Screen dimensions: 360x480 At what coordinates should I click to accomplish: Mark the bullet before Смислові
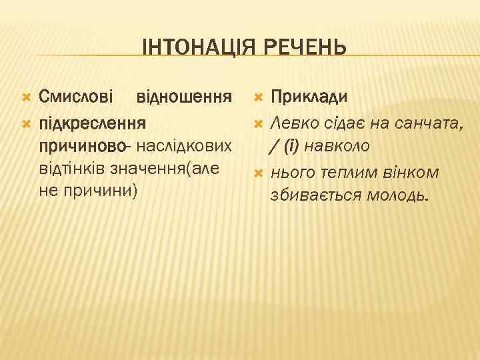coord(26,98)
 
